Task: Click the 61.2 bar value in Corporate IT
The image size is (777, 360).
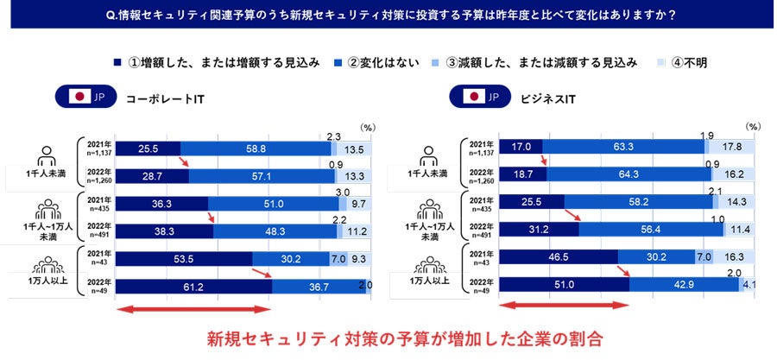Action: pos(193,287)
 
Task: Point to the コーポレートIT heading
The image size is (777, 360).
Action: pos(165,97)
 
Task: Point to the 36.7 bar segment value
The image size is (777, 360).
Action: pos(319,287)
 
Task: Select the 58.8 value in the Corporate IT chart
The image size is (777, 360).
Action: pos(256,148)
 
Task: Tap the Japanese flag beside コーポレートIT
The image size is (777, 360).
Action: pos(79,97)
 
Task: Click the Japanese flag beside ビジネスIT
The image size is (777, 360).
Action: pos(473,97)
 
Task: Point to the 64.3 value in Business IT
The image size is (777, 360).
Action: pos(623,174)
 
